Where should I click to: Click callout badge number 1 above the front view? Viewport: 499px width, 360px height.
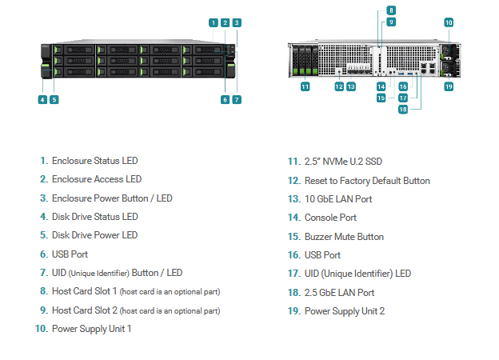tap(214, 22)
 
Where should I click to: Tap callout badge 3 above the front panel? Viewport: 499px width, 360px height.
tap(237, 22)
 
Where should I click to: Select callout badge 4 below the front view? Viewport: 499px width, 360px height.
tap(42, 100)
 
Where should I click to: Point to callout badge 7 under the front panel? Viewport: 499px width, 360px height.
tap(237, 100)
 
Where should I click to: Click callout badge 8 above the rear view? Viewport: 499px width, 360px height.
tap(391, 10)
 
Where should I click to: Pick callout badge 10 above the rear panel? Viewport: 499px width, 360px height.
tap(449, 22)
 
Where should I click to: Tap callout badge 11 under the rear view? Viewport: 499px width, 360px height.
tap(305, 86)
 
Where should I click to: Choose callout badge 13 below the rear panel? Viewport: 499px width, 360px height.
tap(351, 86)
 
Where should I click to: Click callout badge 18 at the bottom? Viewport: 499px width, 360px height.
tap(403, 110)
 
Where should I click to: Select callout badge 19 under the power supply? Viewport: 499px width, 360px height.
tap(449, 86)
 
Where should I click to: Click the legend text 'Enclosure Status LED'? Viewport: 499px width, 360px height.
tap(95, 161)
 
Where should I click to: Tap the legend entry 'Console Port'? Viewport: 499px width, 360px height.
tap(330, 218)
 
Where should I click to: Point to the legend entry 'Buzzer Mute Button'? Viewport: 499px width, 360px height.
tap(344, 237)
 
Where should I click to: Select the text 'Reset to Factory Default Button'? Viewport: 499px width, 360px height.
tap(367, 181)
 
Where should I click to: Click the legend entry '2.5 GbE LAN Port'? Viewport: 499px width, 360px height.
tap(339, 293)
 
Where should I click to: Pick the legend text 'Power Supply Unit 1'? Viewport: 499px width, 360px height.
tap(92, 329)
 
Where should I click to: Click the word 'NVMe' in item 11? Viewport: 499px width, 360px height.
tap(335, 162)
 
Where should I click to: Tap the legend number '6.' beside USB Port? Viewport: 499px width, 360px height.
tap(44, 254)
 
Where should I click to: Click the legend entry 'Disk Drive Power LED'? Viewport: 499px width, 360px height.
tap(95, 235)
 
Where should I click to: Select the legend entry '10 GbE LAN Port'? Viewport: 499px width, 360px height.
tap(338, 199)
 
